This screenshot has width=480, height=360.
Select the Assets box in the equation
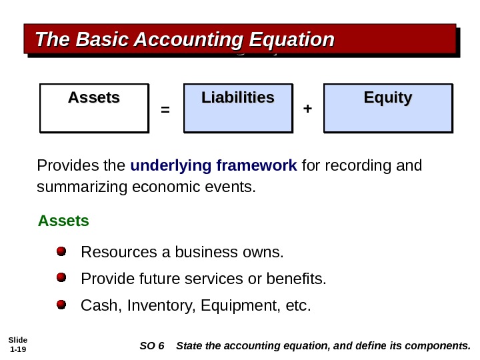pyautogui.click(x=93, y=107)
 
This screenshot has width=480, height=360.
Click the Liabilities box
pyautogui.click(x=238, y=107)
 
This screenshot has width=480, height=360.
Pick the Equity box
pyautogui.click(x=387, y=107)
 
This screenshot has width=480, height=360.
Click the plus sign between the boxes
pyautogui.click(x=307, y=108)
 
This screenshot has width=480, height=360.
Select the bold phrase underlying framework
pyautogui.click(x=213, y=165)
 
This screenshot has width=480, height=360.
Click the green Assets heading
pyautogui.click(x=63, y=221)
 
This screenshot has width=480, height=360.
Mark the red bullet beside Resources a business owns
pyautogui.click(x=61, y=252)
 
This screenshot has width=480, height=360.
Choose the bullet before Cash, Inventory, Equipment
pyautogui.click(x=61, y=305)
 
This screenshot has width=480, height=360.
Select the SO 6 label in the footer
pyautogui.click(x=151, y=346)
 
